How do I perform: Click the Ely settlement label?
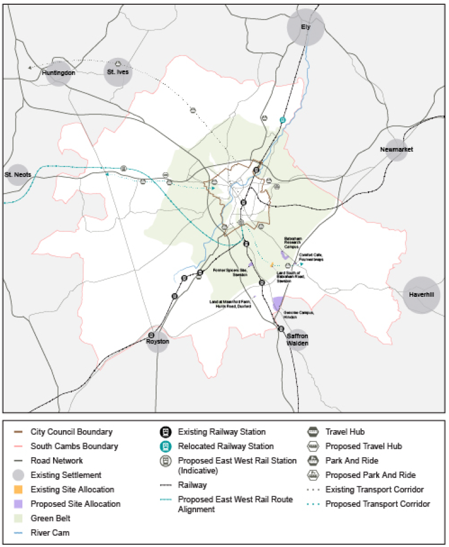[305, 27]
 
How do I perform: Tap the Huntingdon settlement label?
[58, 73]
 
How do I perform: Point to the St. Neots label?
[18, 175]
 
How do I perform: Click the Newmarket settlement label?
[397, 149]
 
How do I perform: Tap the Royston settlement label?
[157, 342]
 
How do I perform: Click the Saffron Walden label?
[297, 339]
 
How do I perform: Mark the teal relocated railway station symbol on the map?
[283, 120]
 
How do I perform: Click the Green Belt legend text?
[51, 518]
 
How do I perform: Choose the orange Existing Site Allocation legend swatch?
[19, 490]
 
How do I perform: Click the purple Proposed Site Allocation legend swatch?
[19, 504]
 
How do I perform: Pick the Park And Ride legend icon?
[312, 461]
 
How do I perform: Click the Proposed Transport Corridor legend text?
[377, 504]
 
